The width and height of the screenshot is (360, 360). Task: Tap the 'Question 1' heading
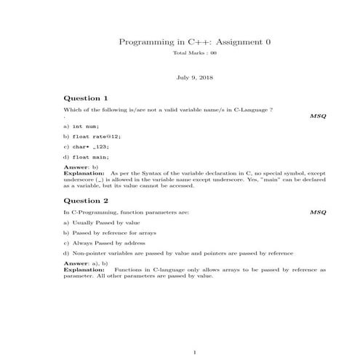coord(86,97)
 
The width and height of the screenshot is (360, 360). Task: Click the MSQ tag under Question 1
coord(318,116)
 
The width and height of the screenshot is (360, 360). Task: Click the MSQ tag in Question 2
coord(318,212)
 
